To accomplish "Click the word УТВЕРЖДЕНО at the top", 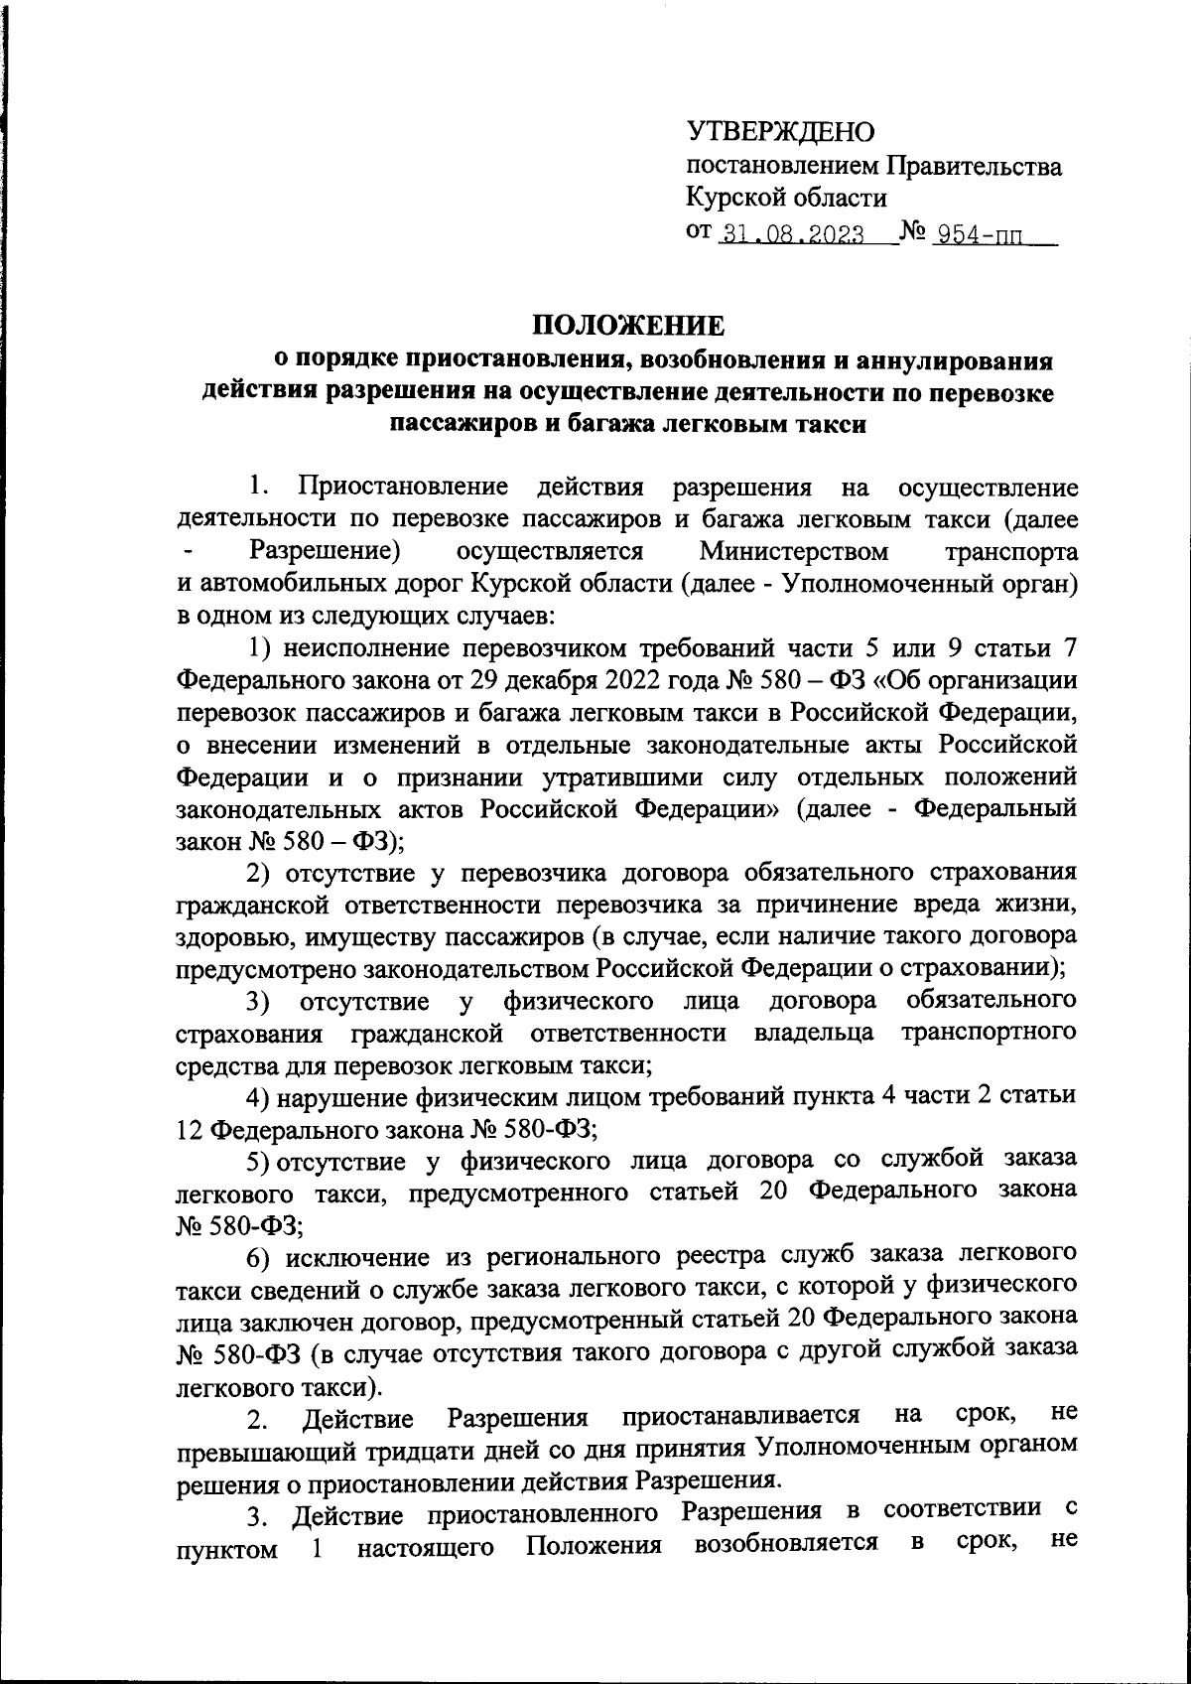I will [780, 131].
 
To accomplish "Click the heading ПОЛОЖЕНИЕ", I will [627, 326].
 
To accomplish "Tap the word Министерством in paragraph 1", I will [793, 551].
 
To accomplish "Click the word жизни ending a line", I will [1038, 904].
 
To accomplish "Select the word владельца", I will [813, 1032].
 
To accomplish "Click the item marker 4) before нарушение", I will [259, 1096].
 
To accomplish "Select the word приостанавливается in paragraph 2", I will [740, 1415].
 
